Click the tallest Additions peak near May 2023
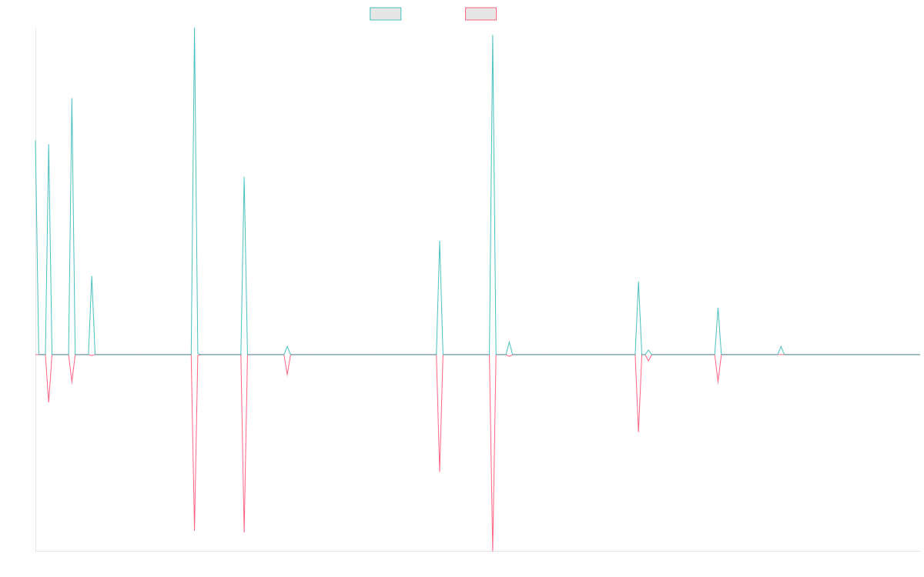[493, 35]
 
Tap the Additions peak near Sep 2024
[718, 309]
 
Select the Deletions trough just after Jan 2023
[440, 472]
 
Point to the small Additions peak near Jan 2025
[781, 347]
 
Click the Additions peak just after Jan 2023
[440, 242]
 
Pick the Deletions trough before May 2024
[638, 431]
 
